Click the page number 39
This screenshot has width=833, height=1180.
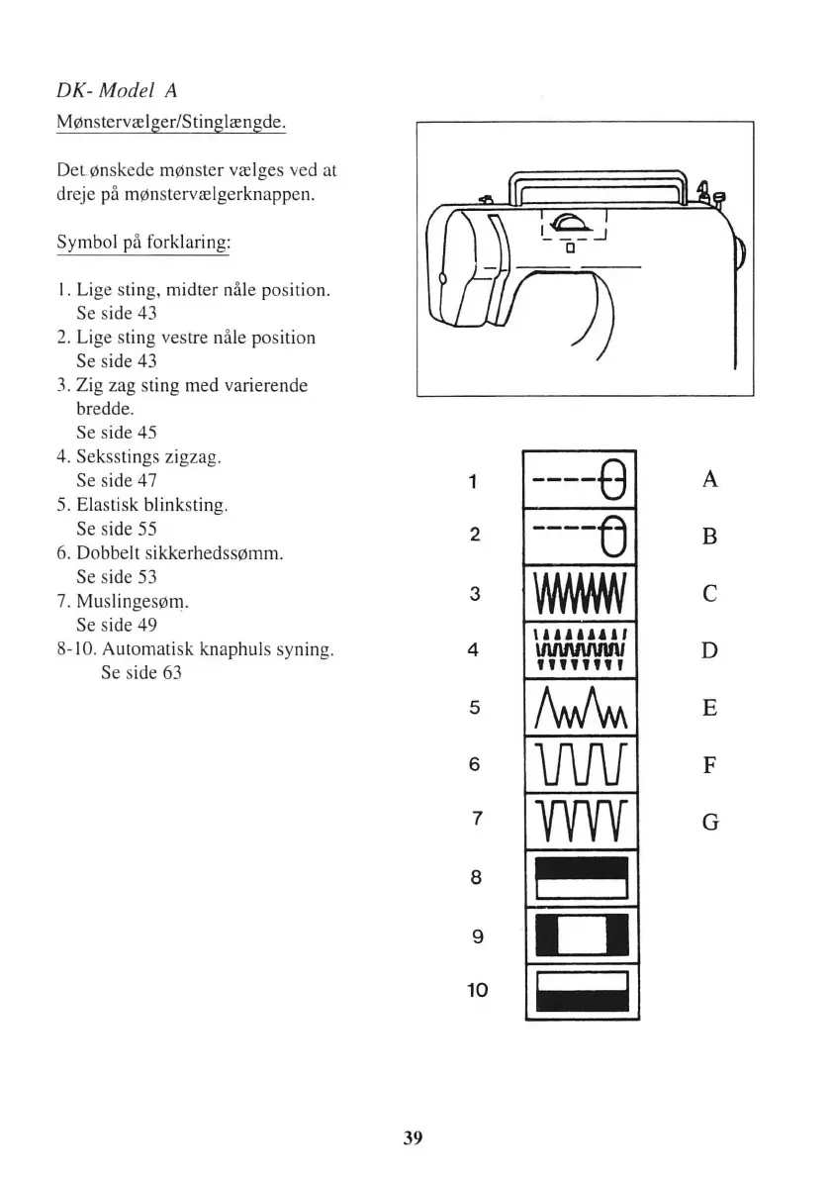pyautogui.click(x=414, y=1137)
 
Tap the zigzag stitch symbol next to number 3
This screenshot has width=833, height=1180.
pyautogui.click(x=579, y=594)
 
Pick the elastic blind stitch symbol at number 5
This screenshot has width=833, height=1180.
pyautogui.click(x=579, y=707)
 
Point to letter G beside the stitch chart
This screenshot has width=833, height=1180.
pyautogui.click(x=709, y=822)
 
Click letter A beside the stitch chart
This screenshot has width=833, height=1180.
pyautogui.click(x=709, y=480)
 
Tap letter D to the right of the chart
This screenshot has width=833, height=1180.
pyautogui.click(x=709, y=651)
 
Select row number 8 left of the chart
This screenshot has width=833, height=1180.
pyautogui.click(x=475, y=877)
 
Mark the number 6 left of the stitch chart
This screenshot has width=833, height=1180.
pyautogui.click(x=475, y=764)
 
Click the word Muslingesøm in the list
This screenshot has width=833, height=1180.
pyautogui.click(x=132, y=601)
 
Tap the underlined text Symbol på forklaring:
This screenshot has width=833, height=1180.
pyautogui.click(x=143, y=244)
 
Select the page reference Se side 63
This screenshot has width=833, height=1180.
pyautogui.click(x=141, y=673)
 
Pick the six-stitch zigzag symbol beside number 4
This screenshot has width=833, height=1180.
pyautogui.click(x=579, y=650)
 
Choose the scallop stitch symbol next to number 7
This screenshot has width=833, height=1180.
pyautogui.click(x=579, y=821)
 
